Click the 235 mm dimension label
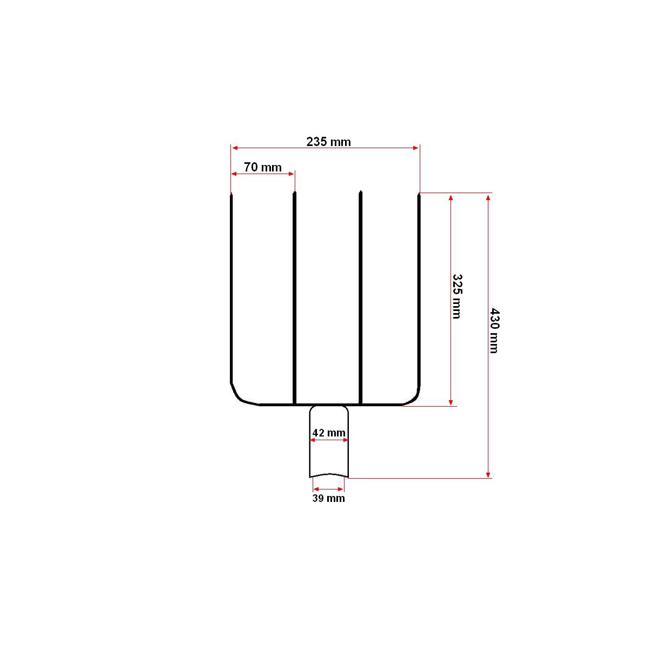328,142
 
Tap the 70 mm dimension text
263,167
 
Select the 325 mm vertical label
456,296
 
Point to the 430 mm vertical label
494,330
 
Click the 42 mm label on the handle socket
329,433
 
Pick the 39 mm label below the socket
328,499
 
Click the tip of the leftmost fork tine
231,194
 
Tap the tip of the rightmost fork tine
419,194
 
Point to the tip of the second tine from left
294,193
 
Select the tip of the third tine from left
360,191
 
